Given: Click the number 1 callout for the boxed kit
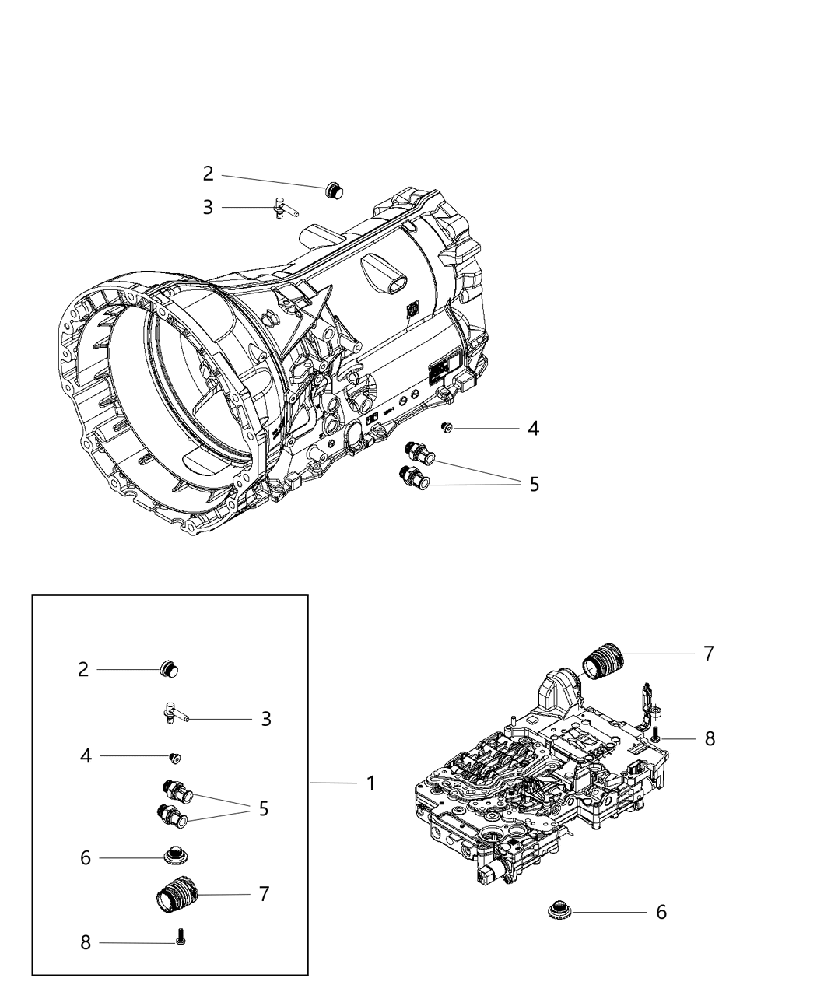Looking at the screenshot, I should click(371, 783).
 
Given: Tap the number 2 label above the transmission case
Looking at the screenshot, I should click(208, 174).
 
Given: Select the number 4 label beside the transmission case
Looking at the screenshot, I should click(533, 428).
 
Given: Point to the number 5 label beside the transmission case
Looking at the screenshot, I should click(534, 484).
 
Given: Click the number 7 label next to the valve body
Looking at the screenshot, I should click(708, 654).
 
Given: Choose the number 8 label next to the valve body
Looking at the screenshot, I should click(710, 738).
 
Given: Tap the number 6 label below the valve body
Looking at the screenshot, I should click(661, 912).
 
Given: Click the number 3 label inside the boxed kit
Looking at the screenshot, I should click(266, 719).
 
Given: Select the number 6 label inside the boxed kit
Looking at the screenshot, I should click(86, 857).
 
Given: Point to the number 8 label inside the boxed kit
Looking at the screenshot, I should click(86, 942).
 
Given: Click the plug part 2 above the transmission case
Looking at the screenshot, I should click(335, 188).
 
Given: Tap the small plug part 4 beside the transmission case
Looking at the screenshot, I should click(447, 427).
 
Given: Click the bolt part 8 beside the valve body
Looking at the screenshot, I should click(656, 733).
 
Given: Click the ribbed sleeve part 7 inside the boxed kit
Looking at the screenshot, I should click(177, 896).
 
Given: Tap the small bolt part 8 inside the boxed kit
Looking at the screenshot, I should click(181, 936).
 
